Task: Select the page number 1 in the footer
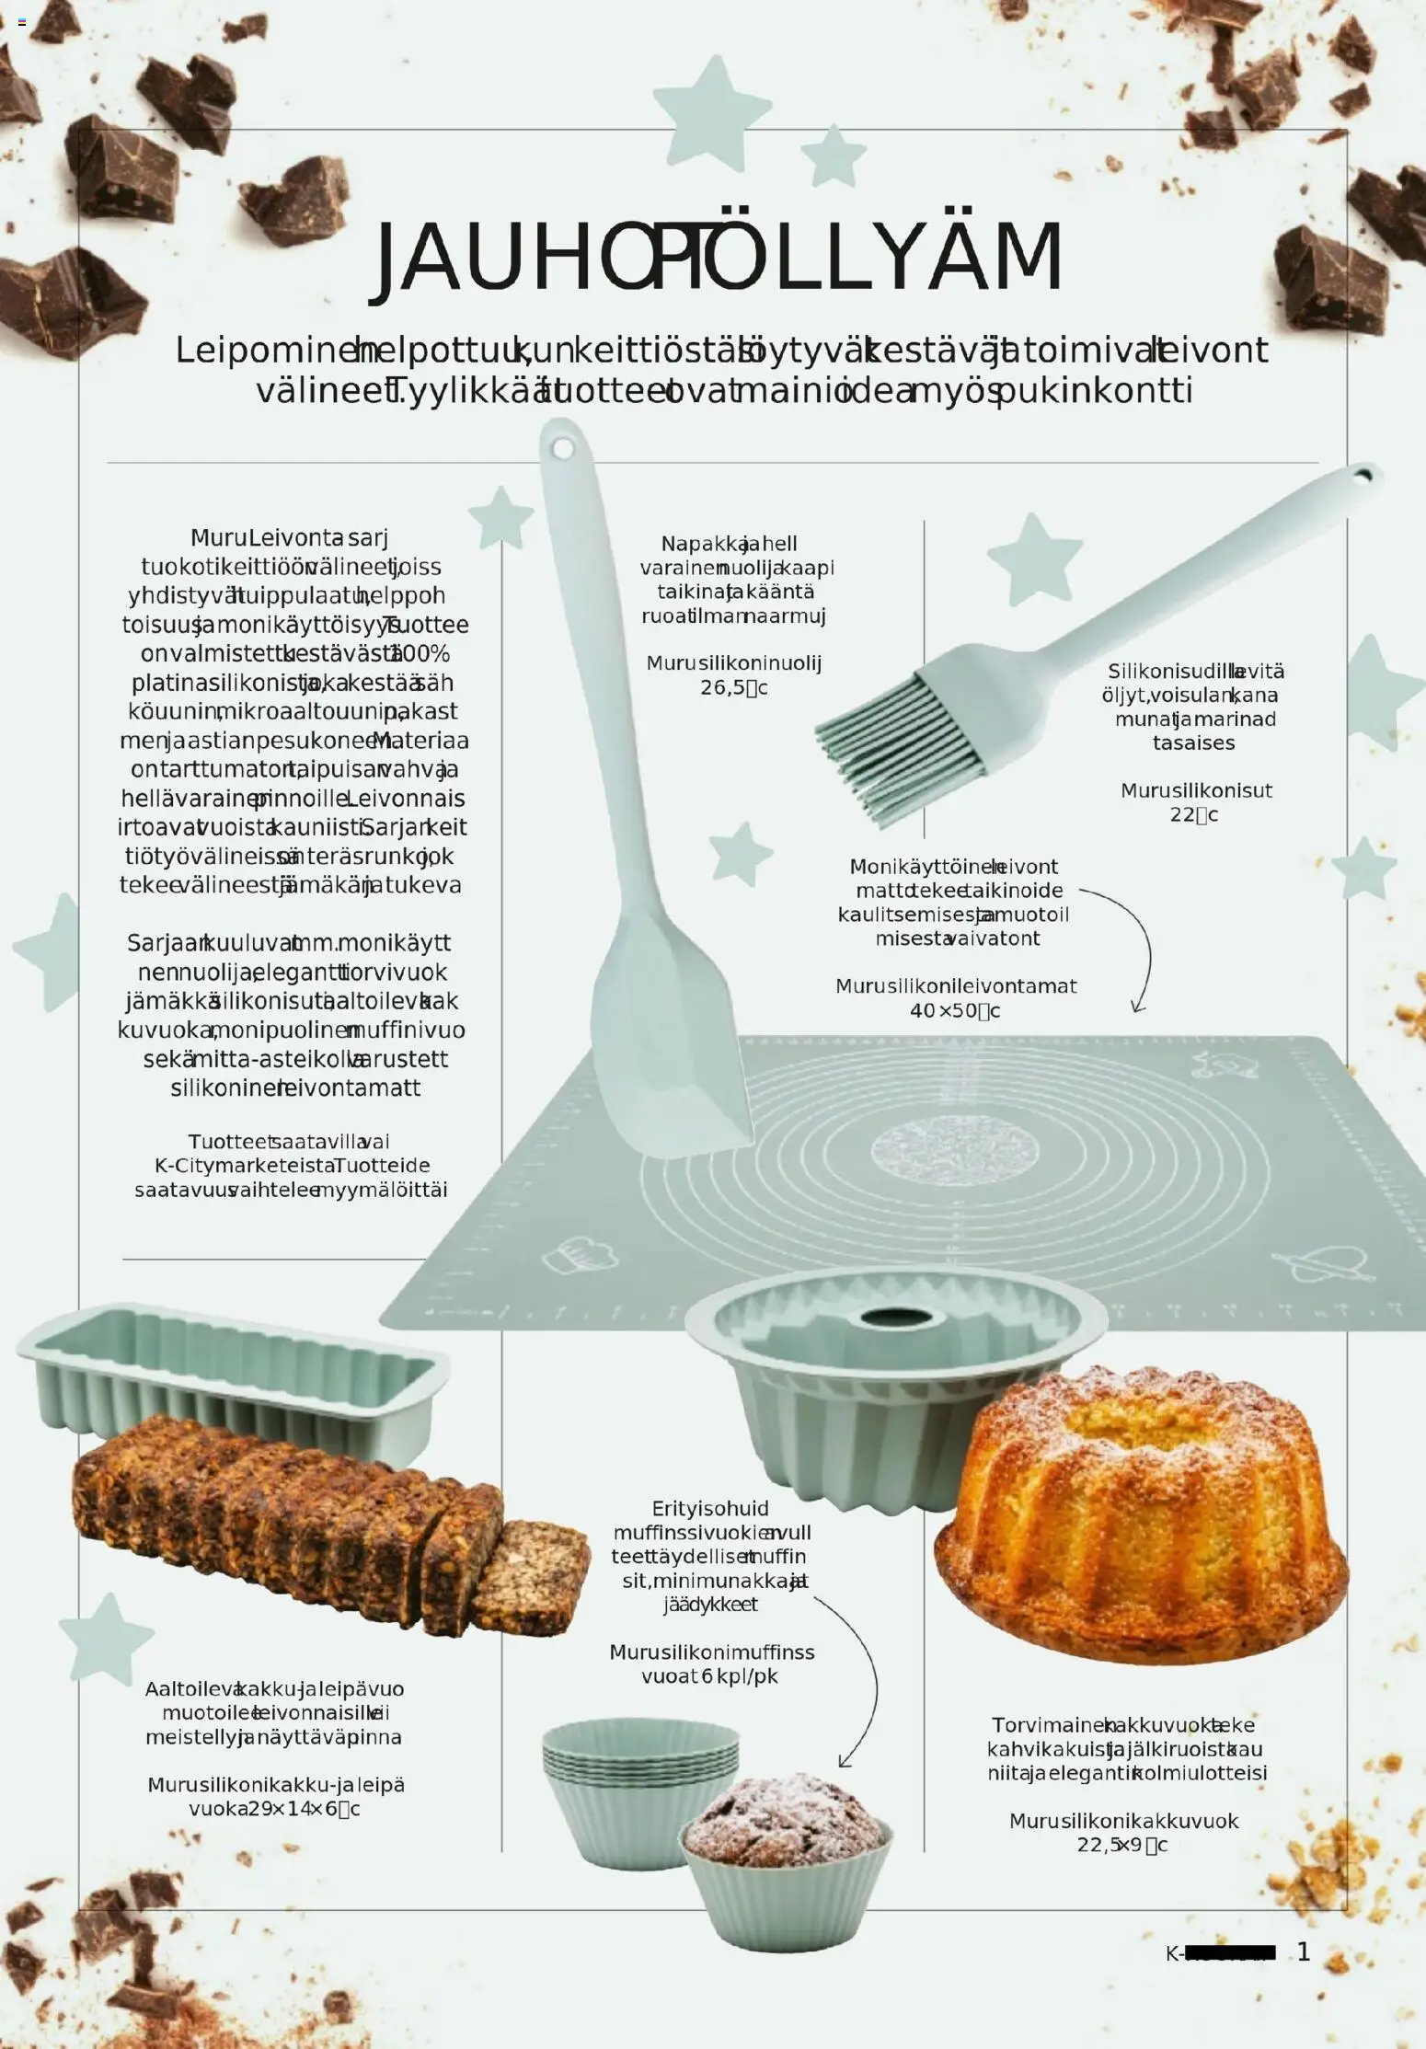pyautogui.click(x=1303, y=1951)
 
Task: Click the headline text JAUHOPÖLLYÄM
pyautogui.click(x=719, y=258)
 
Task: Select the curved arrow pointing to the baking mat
pyautogui.click(x=1136, y=948)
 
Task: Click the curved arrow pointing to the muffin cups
pyautogui.click(x=860, y=1675)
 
